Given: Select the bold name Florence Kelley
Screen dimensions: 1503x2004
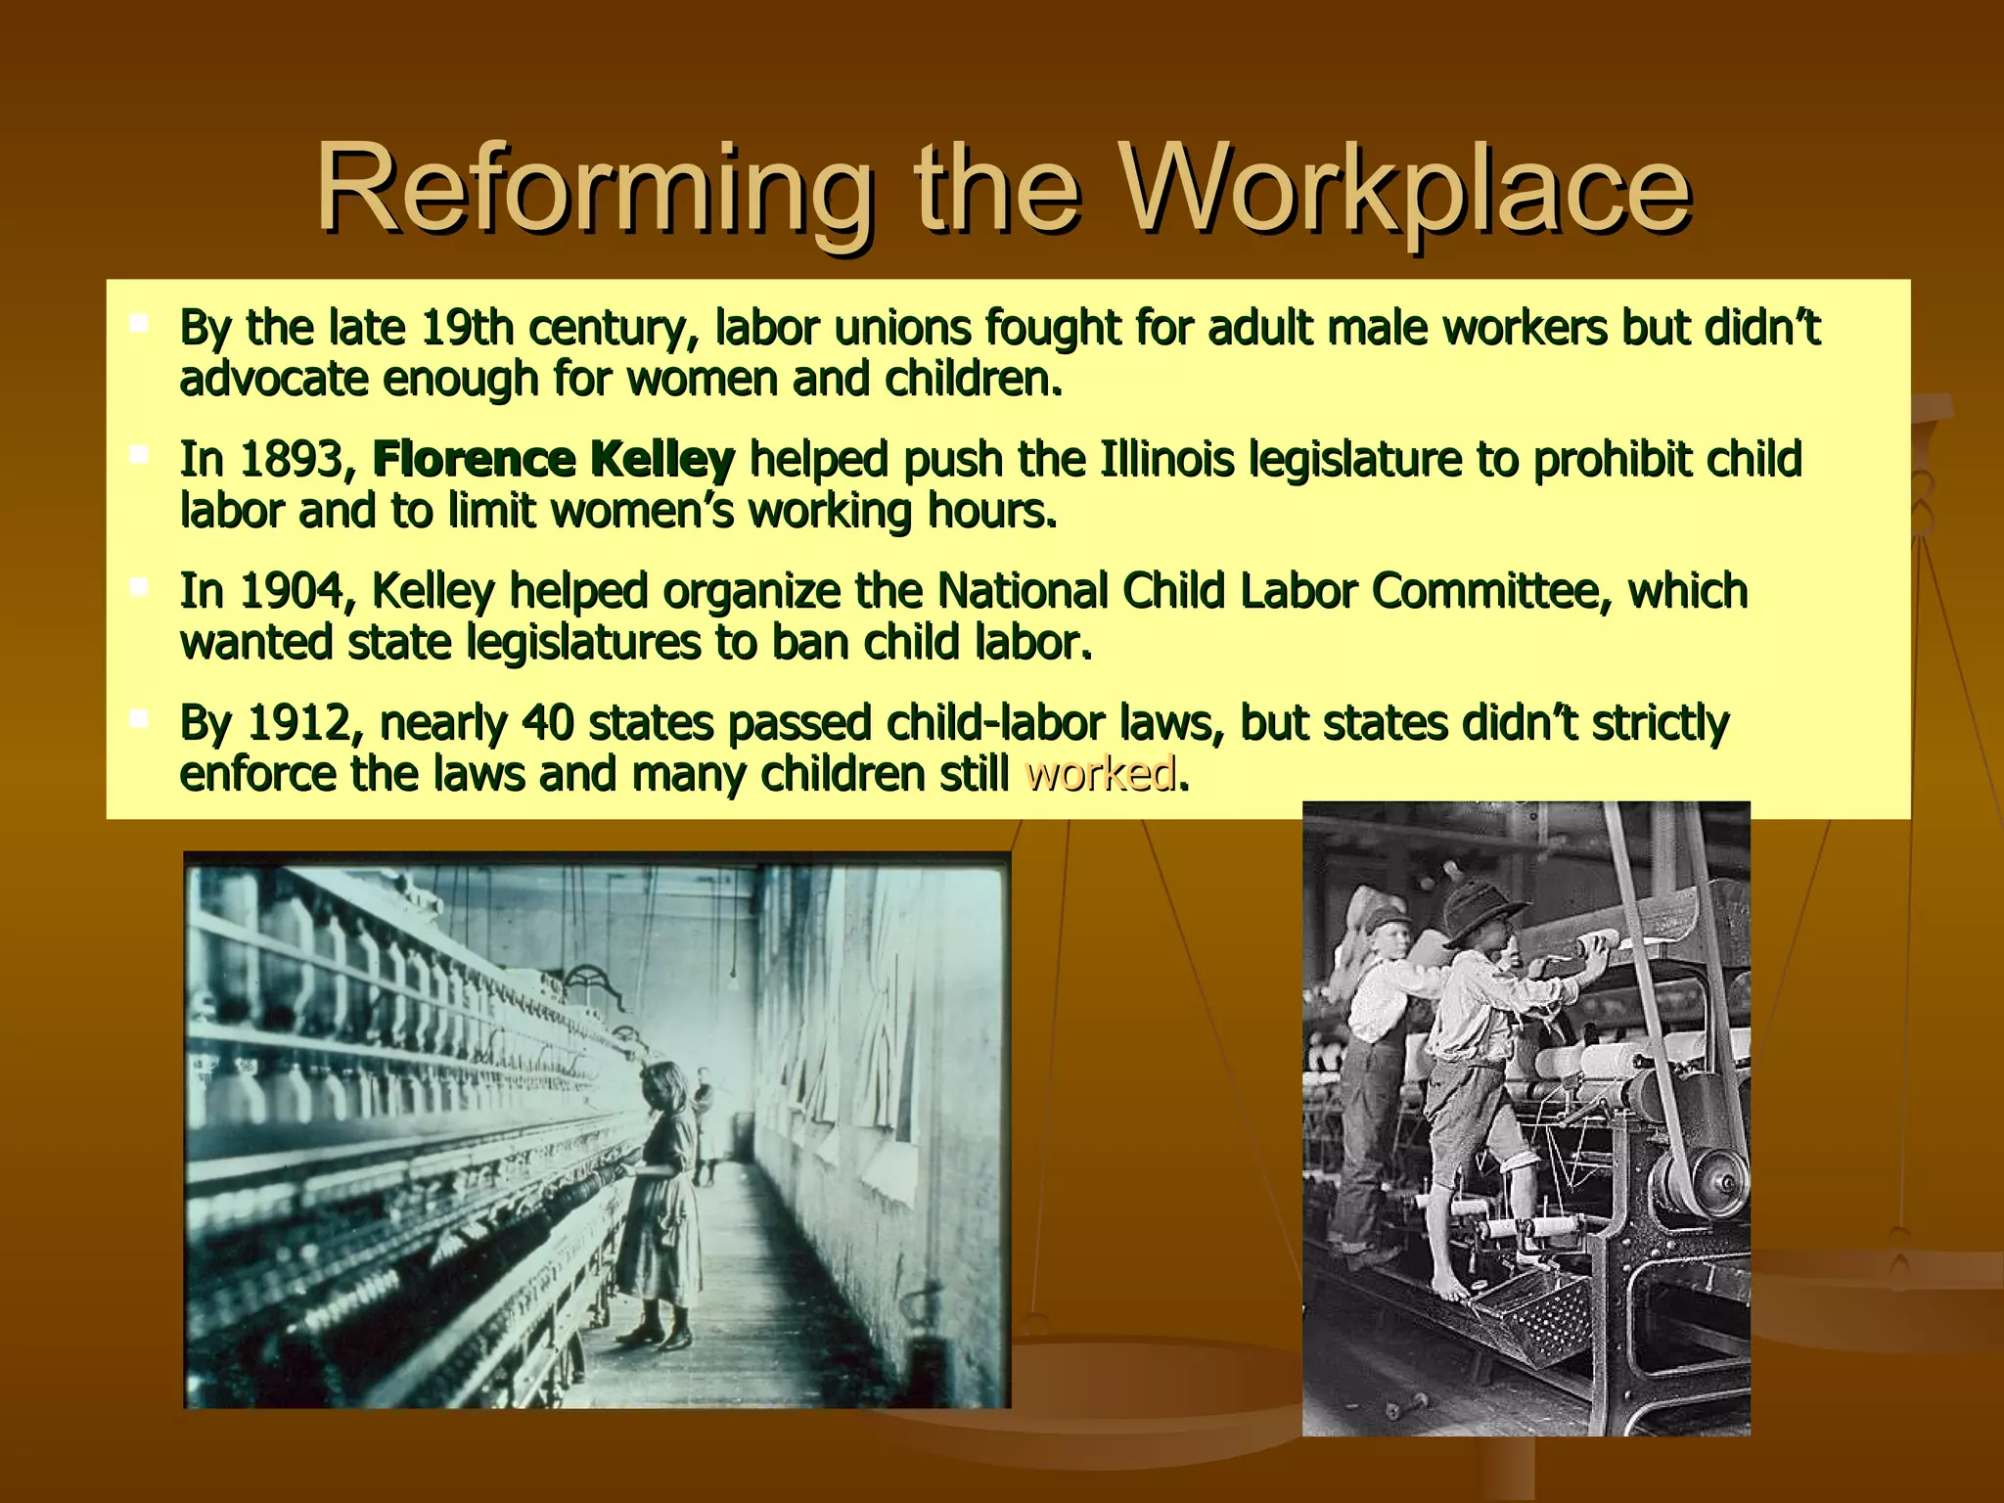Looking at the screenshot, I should pyautogui.click(x=553, y=459).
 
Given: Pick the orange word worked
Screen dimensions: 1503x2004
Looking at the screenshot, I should pyautogui.click(x=1099, y=774).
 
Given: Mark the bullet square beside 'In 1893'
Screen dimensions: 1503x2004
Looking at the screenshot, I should pyautogui.click(x=139, y=454).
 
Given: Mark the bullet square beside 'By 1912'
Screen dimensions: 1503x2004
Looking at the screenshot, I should pyautogui.click(x=139, y=719).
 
